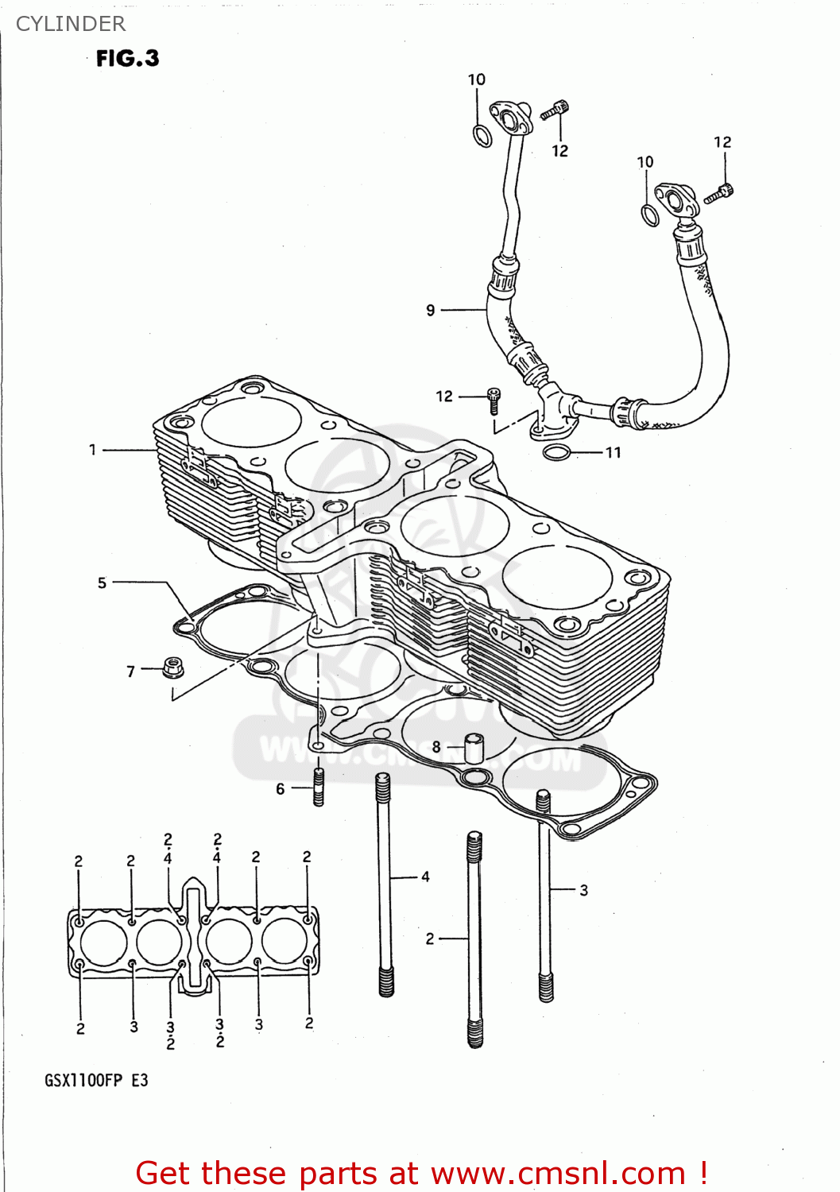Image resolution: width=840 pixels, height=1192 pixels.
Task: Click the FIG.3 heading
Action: coord(127,58)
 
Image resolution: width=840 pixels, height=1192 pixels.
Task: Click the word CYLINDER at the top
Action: coord(71,24)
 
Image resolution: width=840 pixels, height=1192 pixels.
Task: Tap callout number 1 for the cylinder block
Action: coord(92,450)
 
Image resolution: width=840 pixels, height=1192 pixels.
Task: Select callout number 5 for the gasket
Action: coord(102,582)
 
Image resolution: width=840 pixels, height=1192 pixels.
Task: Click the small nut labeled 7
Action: coord(172,667)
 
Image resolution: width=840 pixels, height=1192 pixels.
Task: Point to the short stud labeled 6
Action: coord(319,787)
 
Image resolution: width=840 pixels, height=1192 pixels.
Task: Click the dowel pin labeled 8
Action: coord(474,748)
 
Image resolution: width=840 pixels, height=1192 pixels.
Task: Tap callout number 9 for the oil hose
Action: coord(431,310)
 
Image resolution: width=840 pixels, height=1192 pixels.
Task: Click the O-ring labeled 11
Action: coord(557,453)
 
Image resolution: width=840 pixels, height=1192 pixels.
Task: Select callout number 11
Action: coord(613,452)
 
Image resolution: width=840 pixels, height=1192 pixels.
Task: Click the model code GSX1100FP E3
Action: coord(96,1080)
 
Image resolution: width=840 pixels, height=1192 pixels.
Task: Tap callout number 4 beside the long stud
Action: coord(425,877)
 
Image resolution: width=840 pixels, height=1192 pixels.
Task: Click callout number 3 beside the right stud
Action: coord(583,890)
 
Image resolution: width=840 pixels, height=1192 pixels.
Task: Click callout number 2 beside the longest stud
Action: coord(430,939)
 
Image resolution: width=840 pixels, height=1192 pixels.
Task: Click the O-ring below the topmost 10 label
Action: coord(482,136)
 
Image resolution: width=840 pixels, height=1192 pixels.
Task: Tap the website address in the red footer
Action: coord(558,1173)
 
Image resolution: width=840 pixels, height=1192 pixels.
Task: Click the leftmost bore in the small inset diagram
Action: coord(104,942)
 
